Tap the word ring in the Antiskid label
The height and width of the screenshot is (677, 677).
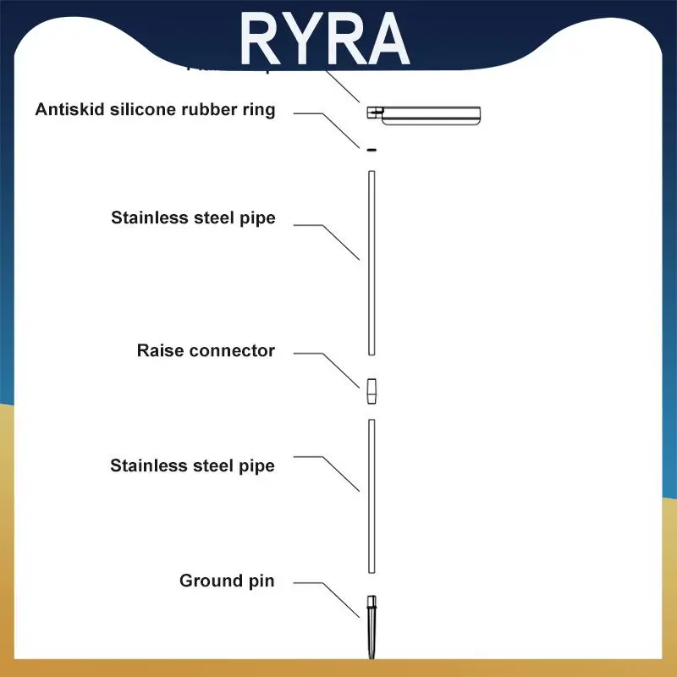(258, 111)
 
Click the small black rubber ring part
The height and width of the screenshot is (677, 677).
(371, 150)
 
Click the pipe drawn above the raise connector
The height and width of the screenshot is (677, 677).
(371, 262)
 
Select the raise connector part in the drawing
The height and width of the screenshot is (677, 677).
(371, 392)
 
